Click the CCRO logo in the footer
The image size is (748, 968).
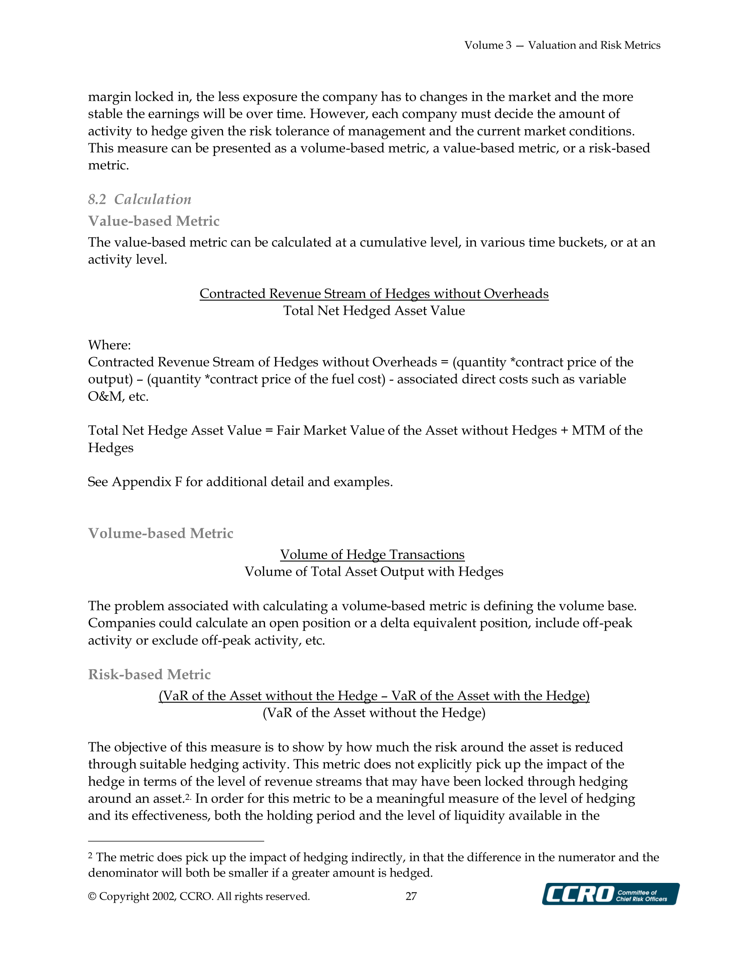pyautogui.click(x=610, y=893)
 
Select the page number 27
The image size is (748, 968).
pyautogui.click(x=411, y=896)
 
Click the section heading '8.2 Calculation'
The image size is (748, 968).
pyautogui.click(x=140, y=200)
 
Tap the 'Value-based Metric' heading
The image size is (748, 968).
pyautogui.click(x=154, y=221)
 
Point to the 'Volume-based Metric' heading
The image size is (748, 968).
pyautogui.click(x=161, y=533)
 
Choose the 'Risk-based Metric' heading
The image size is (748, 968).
pyautogui.click(x=149, y=674)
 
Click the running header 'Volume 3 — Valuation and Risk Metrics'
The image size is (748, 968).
pyautogui.click(x=562, y=45)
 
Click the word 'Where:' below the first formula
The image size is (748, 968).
pyautogui.click(x=109, y=345)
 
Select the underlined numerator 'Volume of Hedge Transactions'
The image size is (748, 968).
pyautogui.click(x=372, y=555)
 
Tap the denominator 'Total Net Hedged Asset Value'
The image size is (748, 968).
pyautogui.click(x=374, y=311)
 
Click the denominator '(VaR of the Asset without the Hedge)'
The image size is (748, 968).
pyautogui.click(x=374, y=713)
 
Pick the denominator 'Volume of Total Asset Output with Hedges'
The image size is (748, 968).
pyautogui.click(x=374, y=572)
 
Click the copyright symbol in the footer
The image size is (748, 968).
pyautogui.click(x=92, y=896)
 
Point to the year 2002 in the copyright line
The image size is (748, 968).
pyautogui.click(x=164, y=896)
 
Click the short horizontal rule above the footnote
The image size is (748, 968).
pyautogui.click(x=176, y=841)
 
